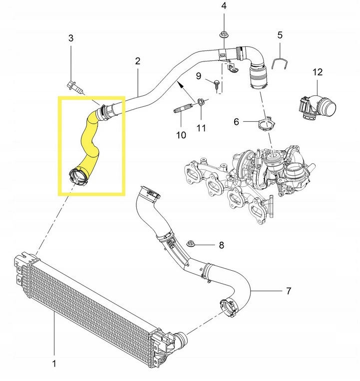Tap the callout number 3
click(x=71, y=38)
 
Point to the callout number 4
click(x=224, y=6)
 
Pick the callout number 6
click(x=237, y=121)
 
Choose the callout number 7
click(x=288, y=291)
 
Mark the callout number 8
click(x=221, y=245)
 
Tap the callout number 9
click(x=198, y=76)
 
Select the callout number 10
click(x=181, y=135)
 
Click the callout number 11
click(x=201, y=128)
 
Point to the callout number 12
click(x=318, y=72)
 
